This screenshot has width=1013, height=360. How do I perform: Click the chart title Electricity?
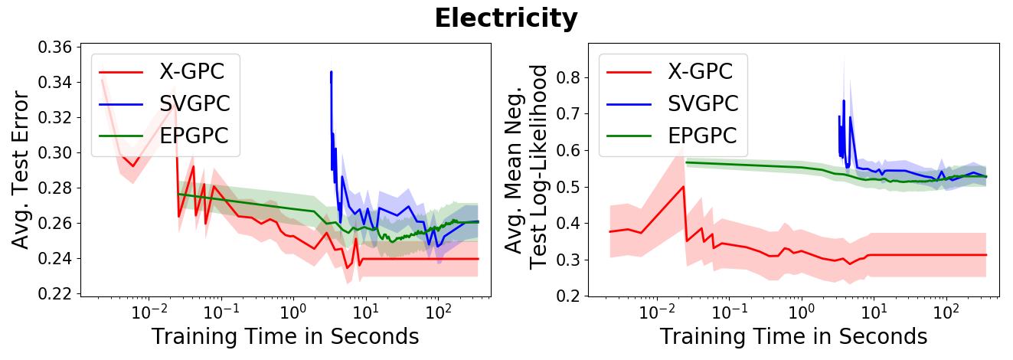[x=505, y=18]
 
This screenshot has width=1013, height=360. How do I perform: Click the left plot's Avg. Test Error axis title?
[x=21, y=170]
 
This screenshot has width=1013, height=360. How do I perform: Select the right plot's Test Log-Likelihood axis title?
[x=540, y=167]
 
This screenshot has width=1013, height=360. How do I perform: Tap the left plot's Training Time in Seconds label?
[x=285, y=337]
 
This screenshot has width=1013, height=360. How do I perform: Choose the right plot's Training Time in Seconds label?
[x=793, y=337]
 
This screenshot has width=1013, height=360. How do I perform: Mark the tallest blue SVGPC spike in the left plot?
[x=331, y=72]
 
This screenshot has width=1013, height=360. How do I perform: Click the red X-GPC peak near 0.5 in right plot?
[x=683, y=186]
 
